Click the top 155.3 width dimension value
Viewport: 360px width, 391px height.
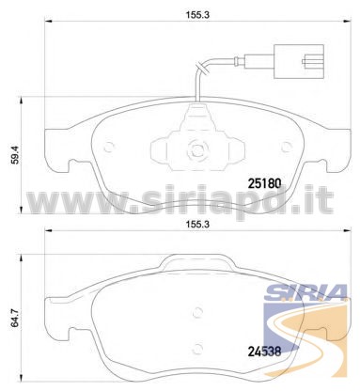tap(197, 15)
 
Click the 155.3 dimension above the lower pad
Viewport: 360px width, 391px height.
tap(197, 225)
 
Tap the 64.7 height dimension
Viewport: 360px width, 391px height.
tap(15, 318)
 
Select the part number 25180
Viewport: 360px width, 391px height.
tap(265, 183)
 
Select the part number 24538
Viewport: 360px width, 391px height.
tap(265, 352)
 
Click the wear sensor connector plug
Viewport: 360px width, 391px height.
tap(299, 61)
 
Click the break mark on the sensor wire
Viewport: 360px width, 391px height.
tap(200, 69)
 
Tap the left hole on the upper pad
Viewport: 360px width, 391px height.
tap(109, 147)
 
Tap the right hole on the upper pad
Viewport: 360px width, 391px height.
tap(286, 147)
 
